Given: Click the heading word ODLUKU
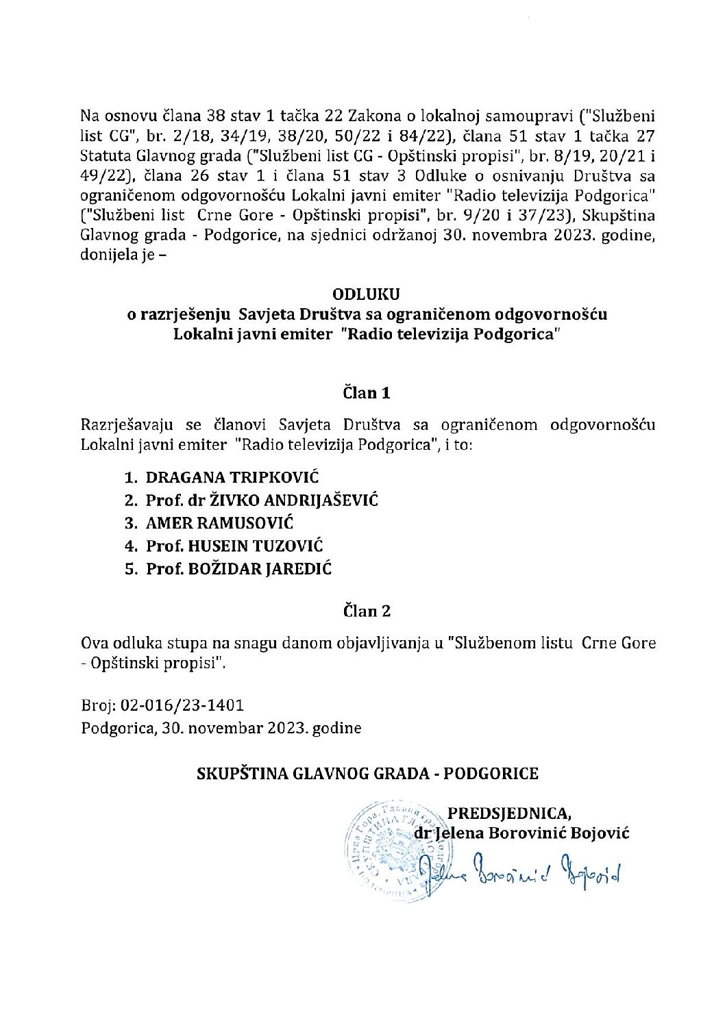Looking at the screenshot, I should pyautogui.click(x=366, y=294).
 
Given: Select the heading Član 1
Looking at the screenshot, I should pyautogui.click(x=366, y=392).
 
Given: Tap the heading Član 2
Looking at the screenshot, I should pyautogui.click(x=367, y=611).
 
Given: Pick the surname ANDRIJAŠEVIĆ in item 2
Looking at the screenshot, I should pyautogui.click(x=321, y=500).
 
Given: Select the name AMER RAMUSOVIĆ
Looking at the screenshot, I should pyautogui.click(x=219, y=523).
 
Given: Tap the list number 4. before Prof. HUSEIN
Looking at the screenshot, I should pyautogui.click(x=132, y=546).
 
